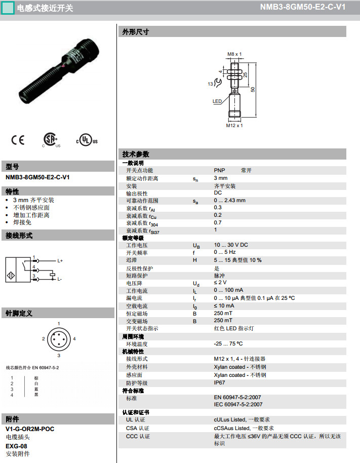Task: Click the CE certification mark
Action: (x=18, y=140)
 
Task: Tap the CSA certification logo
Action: (x=51, y=140)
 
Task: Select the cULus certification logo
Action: (x=87, y=140)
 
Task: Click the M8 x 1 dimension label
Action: (x=234, y=54)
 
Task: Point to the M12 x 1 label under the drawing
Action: (x=234, y=126)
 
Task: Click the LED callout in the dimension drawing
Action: (x=217, y=101)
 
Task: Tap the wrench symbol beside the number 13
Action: (x=218, y=83)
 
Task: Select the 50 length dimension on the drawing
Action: (x=253, y=89)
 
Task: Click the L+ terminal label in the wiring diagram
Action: (x=60, y=261)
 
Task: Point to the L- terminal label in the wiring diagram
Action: (x=59, y=279)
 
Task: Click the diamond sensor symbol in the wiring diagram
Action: (x=11, y=276)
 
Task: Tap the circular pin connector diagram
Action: (x=59, y=339)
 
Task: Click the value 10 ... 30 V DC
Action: (x=231, y=245)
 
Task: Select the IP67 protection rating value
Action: (x=219, y=382)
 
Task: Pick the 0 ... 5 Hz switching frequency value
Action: (x=225, y=252)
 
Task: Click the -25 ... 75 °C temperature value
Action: (x=228, y=344)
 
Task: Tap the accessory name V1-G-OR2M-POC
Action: (x=30, y=429)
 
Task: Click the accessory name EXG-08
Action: (x=16, y=446)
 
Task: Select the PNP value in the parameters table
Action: (x=219, y=170)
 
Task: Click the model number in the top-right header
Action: (x=303, y=7)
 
